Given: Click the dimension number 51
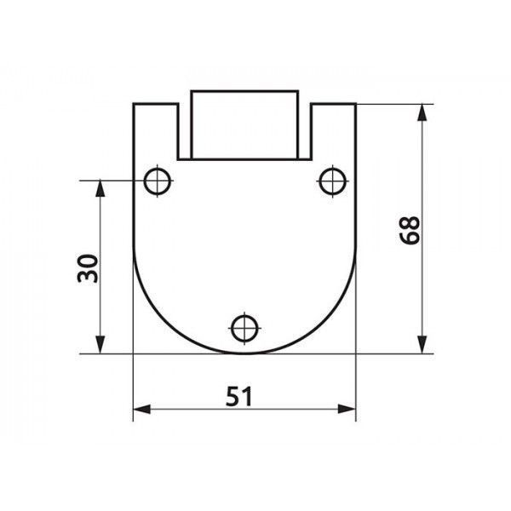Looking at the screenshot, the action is [x=238, y=396].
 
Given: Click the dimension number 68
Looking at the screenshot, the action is [x=410, y=231].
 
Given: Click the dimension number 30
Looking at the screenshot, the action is [x=88, y=268].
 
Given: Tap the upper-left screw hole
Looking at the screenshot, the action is [x=158, y=181].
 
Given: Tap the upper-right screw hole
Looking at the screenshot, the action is [x=332, y=181].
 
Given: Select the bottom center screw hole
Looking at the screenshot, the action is [x=244, y=329].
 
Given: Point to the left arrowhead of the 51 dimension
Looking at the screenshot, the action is [x=141, y=409].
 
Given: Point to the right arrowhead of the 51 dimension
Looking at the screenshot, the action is [x=347, y=409].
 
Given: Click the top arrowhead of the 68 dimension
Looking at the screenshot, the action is [x=422, y=112].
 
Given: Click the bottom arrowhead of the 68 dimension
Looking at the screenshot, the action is [x=422, y=345].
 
